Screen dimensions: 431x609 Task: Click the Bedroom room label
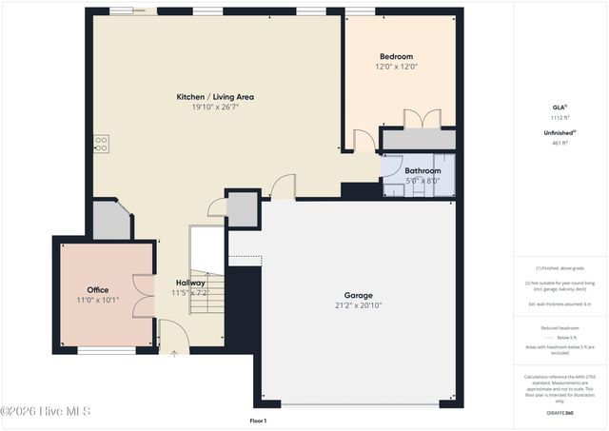[397, 56]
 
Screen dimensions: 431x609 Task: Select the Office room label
[98, 290]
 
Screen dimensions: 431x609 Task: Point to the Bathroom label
[423, 171]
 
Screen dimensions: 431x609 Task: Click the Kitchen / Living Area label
[215, 97]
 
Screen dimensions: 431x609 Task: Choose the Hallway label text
[190, 283]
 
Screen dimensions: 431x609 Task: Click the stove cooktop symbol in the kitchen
[100, 144]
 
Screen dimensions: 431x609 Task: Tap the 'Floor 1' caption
[258, 421]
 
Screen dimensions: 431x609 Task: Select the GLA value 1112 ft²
[560, 116]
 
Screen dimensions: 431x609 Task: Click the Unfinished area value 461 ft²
[560, 143]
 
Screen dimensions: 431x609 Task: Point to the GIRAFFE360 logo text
[560, 413]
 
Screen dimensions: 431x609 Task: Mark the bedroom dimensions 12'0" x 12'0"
[397, 67]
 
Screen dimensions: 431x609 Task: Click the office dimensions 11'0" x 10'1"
[98, 301]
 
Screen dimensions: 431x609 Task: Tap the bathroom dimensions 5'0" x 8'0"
[422, 181]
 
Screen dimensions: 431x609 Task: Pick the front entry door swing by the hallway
[173, 334]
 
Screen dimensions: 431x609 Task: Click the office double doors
[144, 295]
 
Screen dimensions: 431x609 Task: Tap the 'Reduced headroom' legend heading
[560, 327]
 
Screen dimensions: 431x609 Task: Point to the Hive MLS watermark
[46, 411]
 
